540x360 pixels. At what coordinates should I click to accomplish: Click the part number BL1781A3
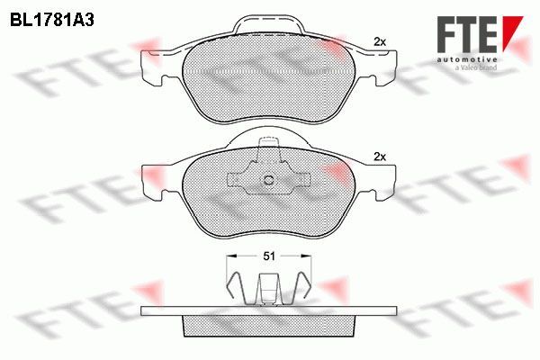pos(52,21)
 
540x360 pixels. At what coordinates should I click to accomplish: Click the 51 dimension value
pos(269,256)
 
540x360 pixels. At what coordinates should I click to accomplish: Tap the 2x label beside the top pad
pos(380,42)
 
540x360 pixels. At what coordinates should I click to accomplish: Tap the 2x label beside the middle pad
pos(380,157)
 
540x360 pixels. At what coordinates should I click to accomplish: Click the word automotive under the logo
pos(467,59)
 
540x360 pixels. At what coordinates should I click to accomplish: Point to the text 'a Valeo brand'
pos(476,67)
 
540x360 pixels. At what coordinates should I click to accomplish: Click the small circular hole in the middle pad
pos(269,180)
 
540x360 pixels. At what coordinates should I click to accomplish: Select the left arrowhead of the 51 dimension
pos(231,256)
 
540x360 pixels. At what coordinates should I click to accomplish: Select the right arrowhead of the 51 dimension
pos(306,256)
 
